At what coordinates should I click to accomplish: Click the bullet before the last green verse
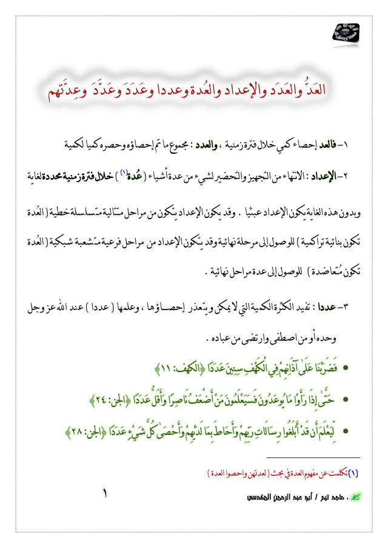click(x=346, y=431)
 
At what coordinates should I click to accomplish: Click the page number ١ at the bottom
click(x=106, y=495)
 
